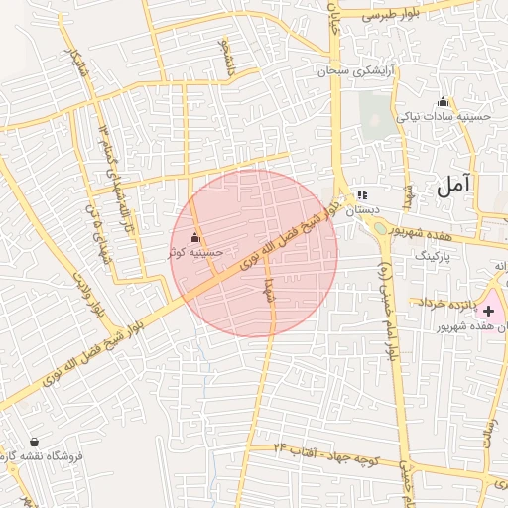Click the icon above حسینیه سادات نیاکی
(443, 101)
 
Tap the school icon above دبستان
(362, 194)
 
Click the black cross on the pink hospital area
(488, 312)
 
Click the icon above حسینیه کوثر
(194, 239)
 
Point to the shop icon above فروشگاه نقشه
(36, 442)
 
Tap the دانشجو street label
(230, 60)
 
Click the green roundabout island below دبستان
(382, 230)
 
